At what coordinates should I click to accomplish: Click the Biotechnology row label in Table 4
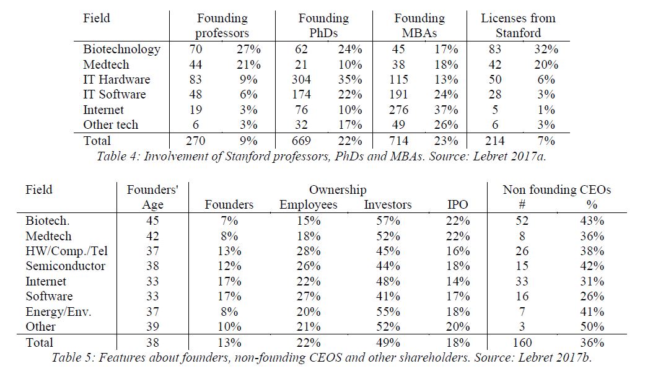tap(121, 50)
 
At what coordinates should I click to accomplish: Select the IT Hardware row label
tap(116, 80)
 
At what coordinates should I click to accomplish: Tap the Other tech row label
tap(110, 125)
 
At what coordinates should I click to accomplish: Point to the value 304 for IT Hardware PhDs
tap(301, 80)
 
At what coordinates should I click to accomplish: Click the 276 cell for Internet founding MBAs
tap(398, 110)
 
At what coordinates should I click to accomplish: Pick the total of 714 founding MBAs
tap(398, 141)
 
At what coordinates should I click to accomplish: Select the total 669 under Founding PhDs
tap(301, 141)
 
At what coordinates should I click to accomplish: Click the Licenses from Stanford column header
tap(518, 25)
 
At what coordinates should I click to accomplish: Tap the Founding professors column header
tap(222, 25)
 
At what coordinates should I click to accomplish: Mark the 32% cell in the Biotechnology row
tap(546, 50)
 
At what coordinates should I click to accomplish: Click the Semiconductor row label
tap(66, 266)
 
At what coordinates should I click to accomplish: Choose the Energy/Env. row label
tap(58, 312)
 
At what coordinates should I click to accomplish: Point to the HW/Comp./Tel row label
tap(67, 251)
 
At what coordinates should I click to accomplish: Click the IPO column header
tap(457, 204)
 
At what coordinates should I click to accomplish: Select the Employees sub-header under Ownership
tap(309, 205)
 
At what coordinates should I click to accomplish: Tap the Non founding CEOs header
tap(557, 190)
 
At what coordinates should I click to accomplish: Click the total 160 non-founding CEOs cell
tap(522, 343)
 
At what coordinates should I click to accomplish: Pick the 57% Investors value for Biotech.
tap(388, 221)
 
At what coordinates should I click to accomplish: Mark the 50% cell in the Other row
tap(592, 326)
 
